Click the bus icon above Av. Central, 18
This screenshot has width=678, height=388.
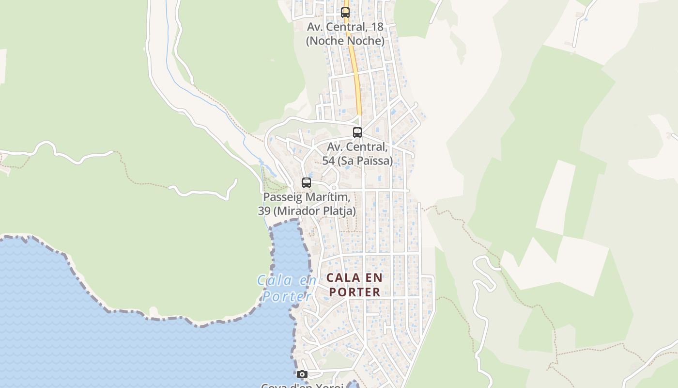(x=345, y=13)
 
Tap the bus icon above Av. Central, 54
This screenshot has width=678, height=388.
(x=357, y=132)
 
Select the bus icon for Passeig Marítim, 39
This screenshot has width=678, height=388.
(x=307, y=183)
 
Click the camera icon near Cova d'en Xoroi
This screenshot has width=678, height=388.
(x=302, y=374)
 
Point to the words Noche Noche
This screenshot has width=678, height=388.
(x=345, y=41)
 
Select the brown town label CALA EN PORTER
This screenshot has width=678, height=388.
(x=354, y=285)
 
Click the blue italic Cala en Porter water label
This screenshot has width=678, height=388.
(x=286, y=288)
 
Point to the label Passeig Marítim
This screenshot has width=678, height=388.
(x=307, y=197)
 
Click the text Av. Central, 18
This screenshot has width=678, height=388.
(x=345, y=27)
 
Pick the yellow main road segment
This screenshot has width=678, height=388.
(x=356, y=78)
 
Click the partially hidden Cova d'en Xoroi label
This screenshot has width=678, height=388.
(x=302, y=386)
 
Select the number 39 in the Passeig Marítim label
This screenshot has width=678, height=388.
(x=264, y=211)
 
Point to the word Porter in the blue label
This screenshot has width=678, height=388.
(x=286, y=296)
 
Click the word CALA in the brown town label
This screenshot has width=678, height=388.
(x=343, y=278)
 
